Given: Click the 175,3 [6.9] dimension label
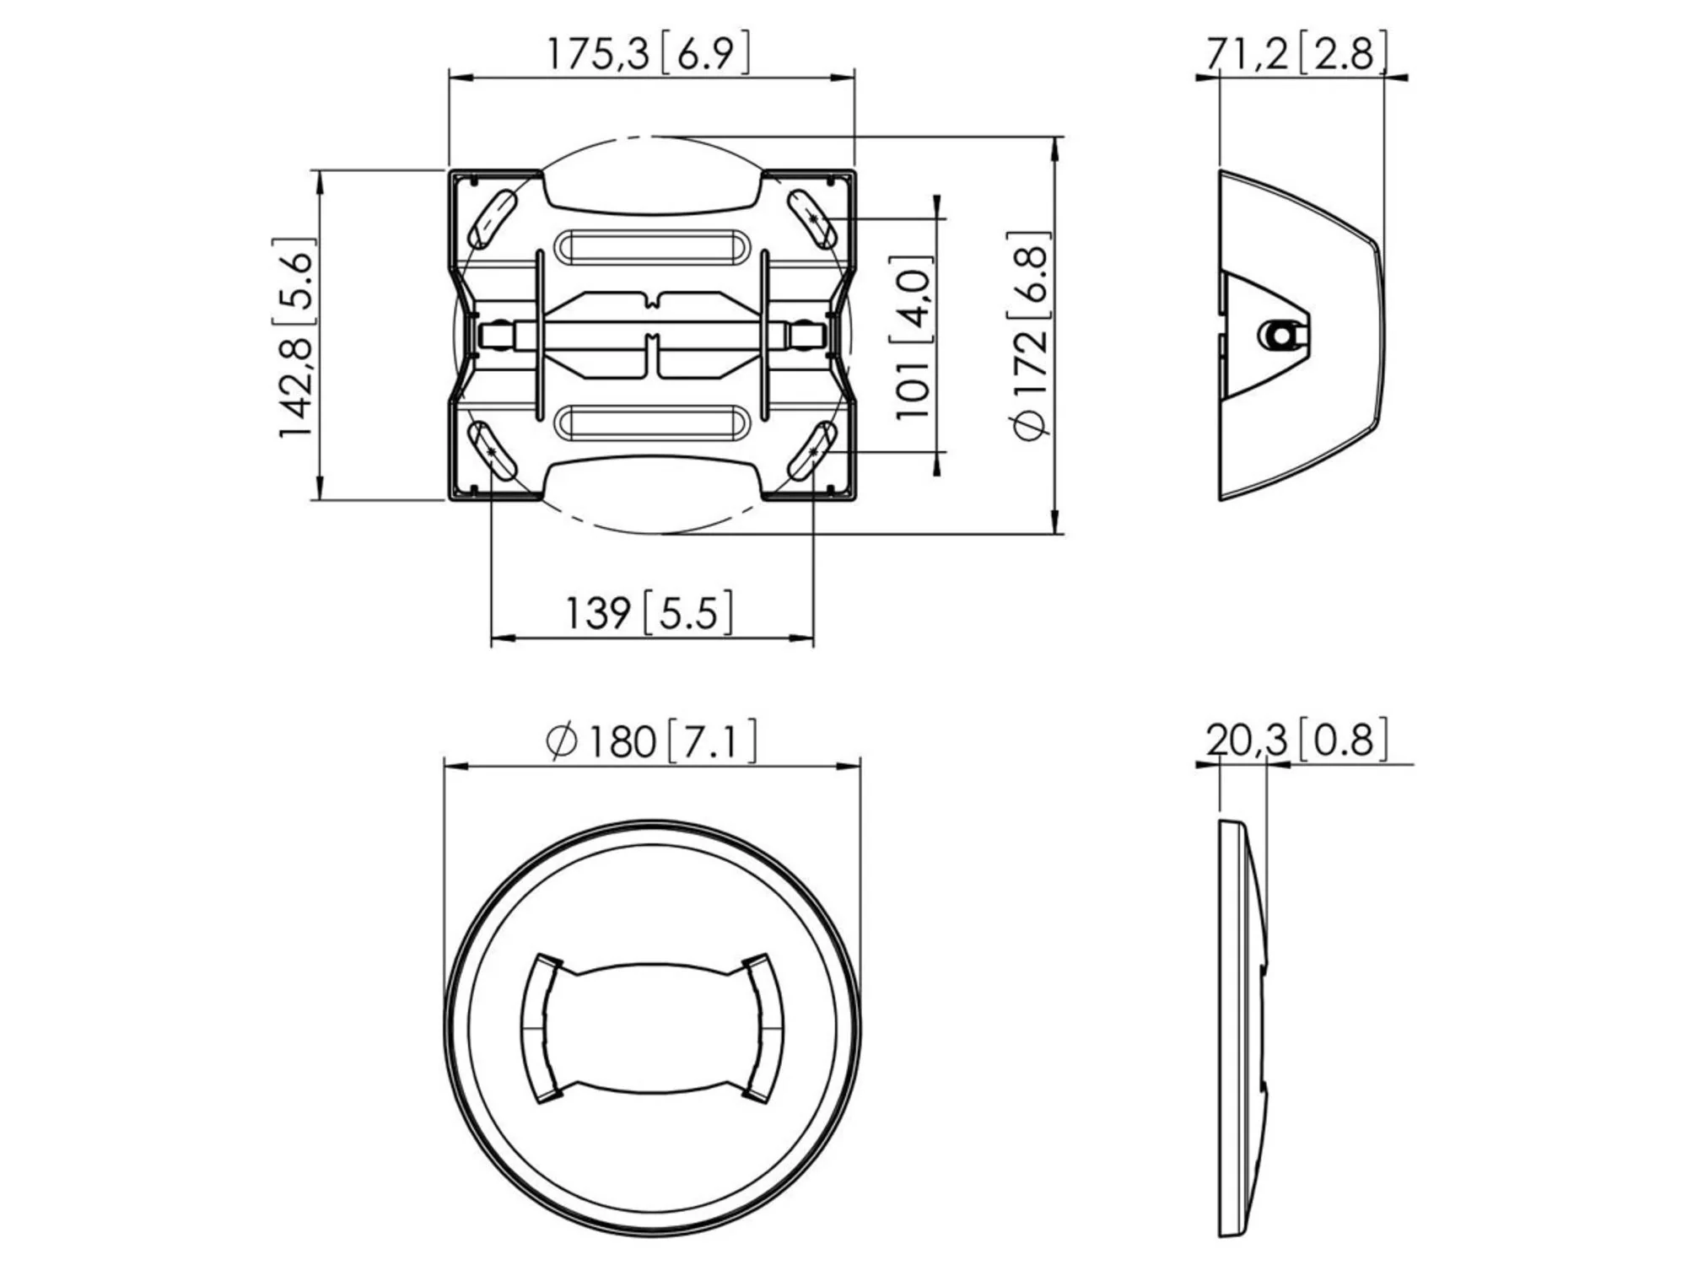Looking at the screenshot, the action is coord(648,53).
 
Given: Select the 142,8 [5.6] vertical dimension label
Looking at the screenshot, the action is coord(294,337).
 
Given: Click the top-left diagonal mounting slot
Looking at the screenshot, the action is coord(493,218).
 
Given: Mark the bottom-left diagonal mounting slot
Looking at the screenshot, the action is coord(493,451).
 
